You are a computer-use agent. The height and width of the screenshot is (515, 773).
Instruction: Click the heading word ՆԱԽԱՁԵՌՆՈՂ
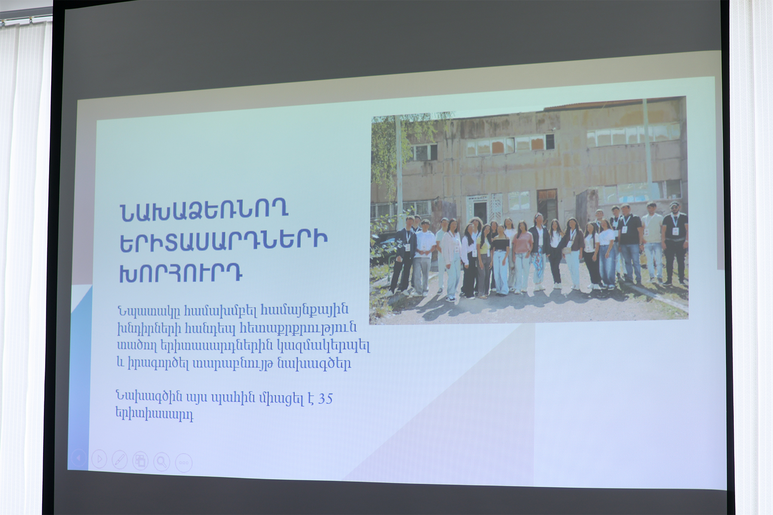pyautogui.click(x=204, y=212)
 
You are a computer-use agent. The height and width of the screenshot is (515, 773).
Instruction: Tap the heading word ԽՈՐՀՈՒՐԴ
pyautogui.click(x=180, y=272)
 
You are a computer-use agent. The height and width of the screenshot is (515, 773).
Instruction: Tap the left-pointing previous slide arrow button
pyautogui.click(x=78, y=458)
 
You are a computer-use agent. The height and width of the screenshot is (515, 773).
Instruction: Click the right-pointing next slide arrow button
pyautogui.click(x=99, y=459)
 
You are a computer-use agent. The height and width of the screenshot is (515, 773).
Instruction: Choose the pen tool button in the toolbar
pyautogui.click(x=119, y=460)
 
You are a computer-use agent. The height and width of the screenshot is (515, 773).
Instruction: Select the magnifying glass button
pyautogui.click(x=161, y=462)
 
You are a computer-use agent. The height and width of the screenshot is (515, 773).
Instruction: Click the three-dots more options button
pyautogui.click(x=183, y=463)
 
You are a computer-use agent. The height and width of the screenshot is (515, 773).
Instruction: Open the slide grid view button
pyautogui.click(x=140, y=461)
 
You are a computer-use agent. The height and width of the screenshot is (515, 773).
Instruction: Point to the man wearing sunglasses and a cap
pyautogui.click(x=675, y=242)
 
